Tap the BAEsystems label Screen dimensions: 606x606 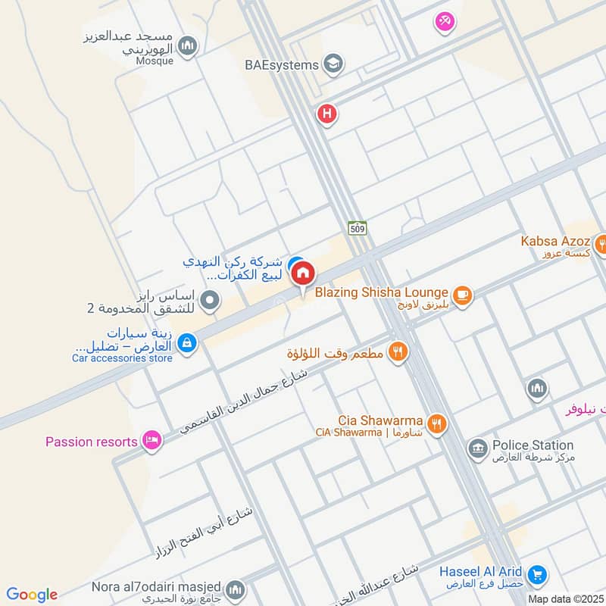(281, 65)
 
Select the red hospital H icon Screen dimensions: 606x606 (326, 115)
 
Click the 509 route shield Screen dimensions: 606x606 (358, 226)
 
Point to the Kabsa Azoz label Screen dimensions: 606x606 (555, 242)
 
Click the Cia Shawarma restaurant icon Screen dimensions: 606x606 (436, 424)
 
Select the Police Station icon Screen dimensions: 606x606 (478, 448)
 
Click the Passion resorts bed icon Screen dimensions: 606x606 (152, 441)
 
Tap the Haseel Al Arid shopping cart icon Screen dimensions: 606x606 (537, 576)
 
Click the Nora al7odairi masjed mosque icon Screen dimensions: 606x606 (236, 589)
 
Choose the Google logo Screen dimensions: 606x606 (32, 595)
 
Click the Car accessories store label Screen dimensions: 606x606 (123, 358)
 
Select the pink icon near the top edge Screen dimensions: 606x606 (445, 22)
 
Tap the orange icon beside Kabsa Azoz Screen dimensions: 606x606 (601, 244)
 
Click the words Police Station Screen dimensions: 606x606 (533, 445)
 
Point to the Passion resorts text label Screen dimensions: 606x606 (91, 442)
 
